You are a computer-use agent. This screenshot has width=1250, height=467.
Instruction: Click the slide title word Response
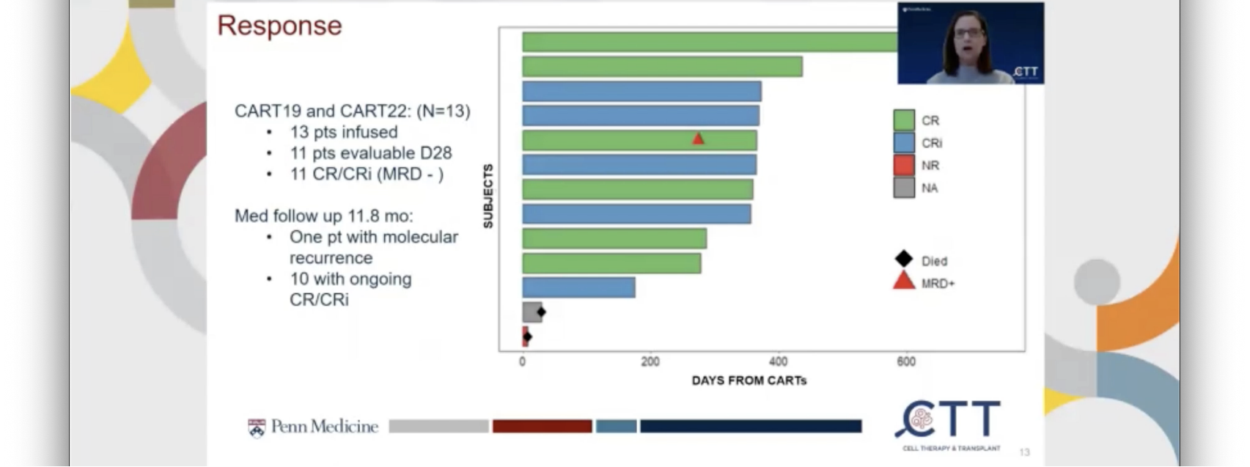pyautogui.click(x=279, y=26)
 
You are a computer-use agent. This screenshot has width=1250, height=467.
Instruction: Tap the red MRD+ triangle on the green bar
pyautogui.click(x=698, y=138)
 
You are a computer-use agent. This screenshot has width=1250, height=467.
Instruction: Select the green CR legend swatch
pyautogui.click(x=903, y=120)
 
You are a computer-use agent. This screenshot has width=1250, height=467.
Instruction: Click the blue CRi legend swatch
pyautogui.click(x=903, y=143)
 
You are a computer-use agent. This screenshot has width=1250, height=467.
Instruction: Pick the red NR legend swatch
pyautogui.click(x=903, y=165)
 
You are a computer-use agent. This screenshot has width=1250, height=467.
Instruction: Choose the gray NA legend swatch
pyautogui.click(x=903, y=188)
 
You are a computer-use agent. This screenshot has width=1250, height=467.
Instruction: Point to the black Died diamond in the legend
pyautogui.click(x=903, y=259)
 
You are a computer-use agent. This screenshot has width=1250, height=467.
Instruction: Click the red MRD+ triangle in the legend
pyautogui.click(x=903, y=282)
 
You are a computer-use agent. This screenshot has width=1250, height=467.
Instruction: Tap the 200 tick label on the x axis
pyautogui.click(x=650, y=361)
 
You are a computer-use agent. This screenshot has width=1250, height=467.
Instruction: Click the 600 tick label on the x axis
pyautogui.click(x=906, y=361)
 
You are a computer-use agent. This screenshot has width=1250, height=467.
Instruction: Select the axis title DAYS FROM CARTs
pyautogui.click(x=749, y=380)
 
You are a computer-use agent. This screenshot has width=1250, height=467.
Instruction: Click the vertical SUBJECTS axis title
pyautogui.click(x=488, y=196)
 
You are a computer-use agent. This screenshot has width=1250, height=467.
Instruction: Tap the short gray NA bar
pyautogui.click(x=531, y=312)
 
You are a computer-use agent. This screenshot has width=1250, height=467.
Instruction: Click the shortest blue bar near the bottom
pyautogui.click(x=578, y=287)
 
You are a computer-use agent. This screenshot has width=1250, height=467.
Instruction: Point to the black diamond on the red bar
pyautogui.click(x=527, y=337)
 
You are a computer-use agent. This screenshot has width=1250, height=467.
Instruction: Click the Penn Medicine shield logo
pyautogui.click(x=256, y=427)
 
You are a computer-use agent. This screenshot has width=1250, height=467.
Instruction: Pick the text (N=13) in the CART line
pyautogui.click(x=443, y=111)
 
